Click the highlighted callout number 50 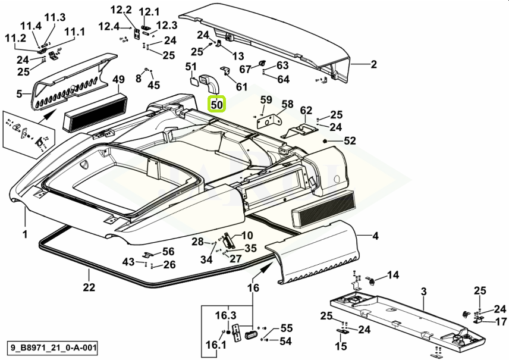click(x=217, y=105)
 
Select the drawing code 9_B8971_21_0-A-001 click(x=52, y=347)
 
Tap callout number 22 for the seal click(x=89, y=289)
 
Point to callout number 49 click(x=118, y=80)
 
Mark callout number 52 click(x=350, y=141)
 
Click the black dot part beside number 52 click(x=326, y=141)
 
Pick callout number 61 click(x=241, y=87)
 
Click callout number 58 click(x=287, y=104)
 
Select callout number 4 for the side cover click(x=375, y=237)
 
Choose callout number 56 click(x=168, y=252)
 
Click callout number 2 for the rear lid click(x=373, y=65)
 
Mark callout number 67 click(x=245, y=70)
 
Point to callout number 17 click(x=501, y=322)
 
